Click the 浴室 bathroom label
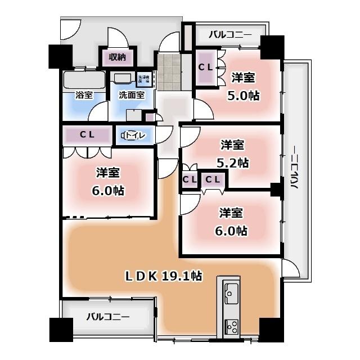(x=84, y=95)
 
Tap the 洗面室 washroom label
(x=131, y=95)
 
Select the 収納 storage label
(x=117, y=57)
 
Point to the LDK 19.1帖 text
(x=164, y=276)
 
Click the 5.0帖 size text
(x=243, y=95)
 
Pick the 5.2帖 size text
(x=233, y=163)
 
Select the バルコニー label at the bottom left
(x=107, y=316)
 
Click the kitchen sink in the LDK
(x=231, y=292)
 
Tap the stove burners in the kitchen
(x=231, y=325)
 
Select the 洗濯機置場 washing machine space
(x=144, y=79)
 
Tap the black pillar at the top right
(x=272, y=48)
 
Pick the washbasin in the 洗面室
(x=121, y=79)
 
